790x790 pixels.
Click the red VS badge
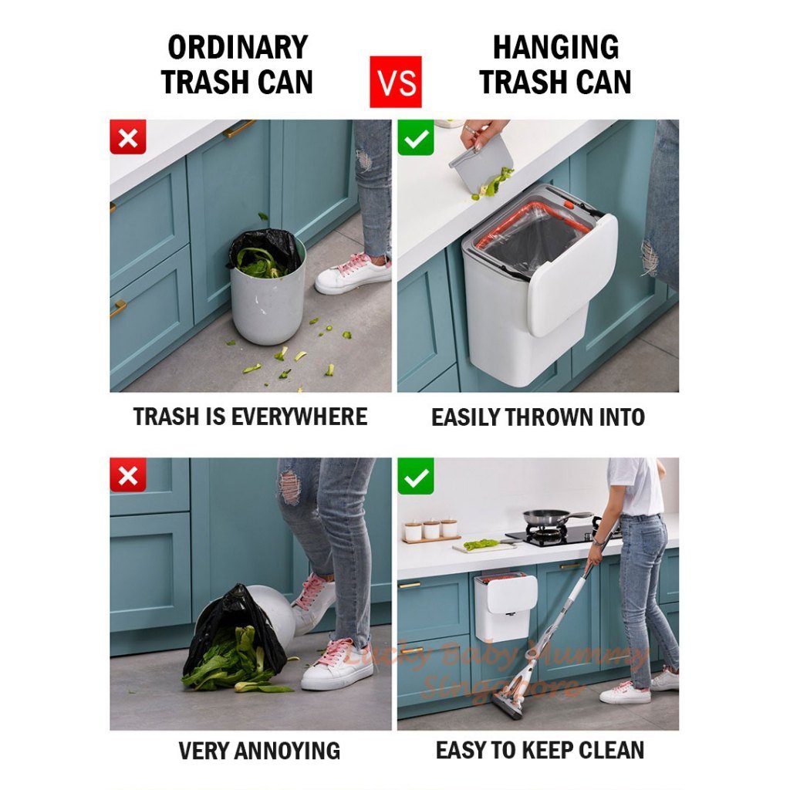[396, 82]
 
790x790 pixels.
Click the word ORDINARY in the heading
[237, 48]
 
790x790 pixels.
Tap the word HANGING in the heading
[555, 48]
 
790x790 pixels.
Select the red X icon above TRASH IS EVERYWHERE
[128, 139]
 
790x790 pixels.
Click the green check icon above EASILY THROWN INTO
[416, 139]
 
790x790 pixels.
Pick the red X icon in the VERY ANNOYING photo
[128, 476]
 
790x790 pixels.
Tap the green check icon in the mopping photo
[416, 478]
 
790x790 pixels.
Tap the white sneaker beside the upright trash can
[353, 274]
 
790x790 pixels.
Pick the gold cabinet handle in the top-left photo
[239, 129]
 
